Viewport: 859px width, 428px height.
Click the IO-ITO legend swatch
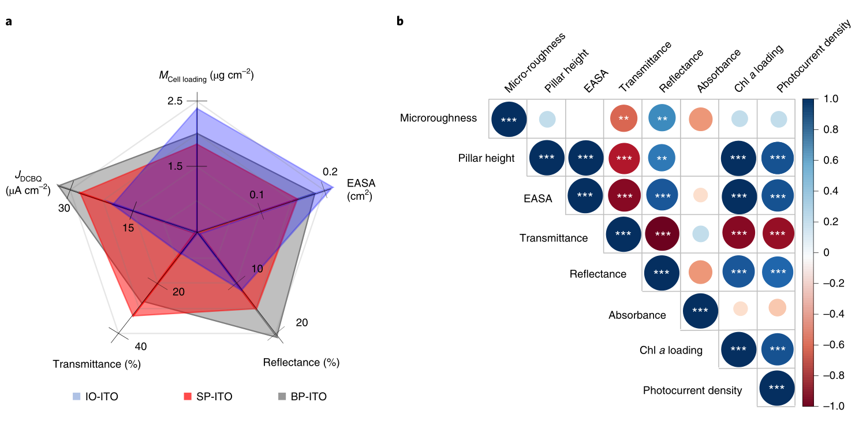click(76, 397)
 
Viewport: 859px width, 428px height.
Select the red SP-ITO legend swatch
click(186, 397)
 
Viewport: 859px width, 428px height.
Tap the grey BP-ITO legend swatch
click(282, 397)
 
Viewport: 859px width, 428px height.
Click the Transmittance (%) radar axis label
click(96, 364)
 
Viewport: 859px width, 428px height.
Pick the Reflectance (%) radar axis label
click(301, 363)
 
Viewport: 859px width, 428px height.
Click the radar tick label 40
click(140, 347)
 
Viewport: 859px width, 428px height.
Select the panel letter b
click(399, 22)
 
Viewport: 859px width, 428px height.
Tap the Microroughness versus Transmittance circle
click(623, 119)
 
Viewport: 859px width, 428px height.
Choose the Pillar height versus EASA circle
click(585, 157)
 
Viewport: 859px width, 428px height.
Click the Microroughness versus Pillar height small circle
click(547, 119)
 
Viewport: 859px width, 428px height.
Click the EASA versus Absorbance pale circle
click(699, 195)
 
